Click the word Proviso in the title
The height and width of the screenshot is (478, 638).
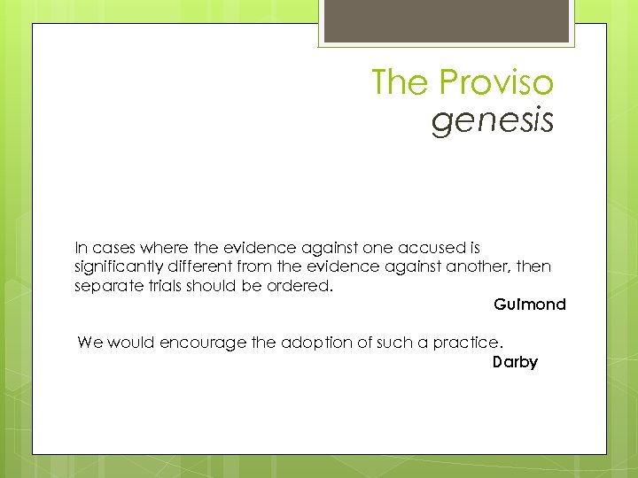[x=496, y=83]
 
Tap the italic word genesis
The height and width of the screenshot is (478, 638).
[x=493, y=120]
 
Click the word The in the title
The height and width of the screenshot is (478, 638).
[x=401, y=83]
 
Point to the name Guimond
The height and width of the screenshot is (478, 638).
[x=530, y=305]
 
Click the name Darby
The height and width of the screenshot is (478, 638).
[x=515, y=362]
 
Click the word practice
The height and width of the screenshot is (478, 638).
[x=468, y=343]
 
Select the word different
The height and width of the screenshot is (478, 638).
[x=193, y=266]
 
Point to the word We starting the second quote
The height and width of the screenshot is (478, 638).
[x=89, y=343]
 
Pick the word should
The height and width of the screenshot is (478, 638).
[x=210, y=286]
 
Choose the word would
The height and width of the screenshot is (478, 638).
[x=132, y=343]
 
